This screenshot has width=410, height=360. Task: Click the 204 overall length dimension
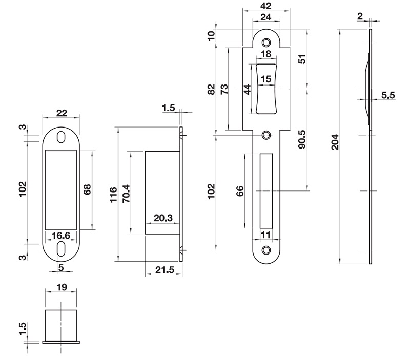click(334, 140)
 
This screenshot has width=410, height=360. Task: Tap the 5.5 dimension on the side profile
click(388, 95)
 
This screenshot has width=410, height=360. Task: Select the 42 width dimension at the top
click(265, 6)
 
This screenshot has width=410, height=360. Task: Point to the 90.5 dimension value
click(302, 139)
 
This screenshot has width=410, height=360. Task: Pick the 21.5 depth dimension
click(163, 269)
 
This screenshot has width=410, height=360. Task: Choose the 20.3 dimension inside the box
click(162, 219)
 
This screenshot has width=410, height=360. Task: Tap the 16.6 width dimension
click(61, 236)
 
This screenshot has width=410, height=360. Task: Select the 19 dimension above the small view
click(61, 289)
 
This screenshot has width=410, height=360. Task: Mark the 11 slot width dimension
click(266, 235)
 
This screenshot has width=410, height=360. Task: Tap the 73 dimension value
click(224, 89)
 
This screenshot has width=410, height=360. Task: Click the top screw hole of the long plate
click(266, 42)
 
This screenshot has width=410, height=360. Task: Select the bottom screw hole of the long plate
click(266, 250)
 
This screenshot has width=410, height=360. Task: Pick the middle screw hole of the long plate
click(266, 135)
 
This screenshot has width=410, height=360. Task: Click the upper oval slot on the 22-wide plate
click(61, 137)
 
